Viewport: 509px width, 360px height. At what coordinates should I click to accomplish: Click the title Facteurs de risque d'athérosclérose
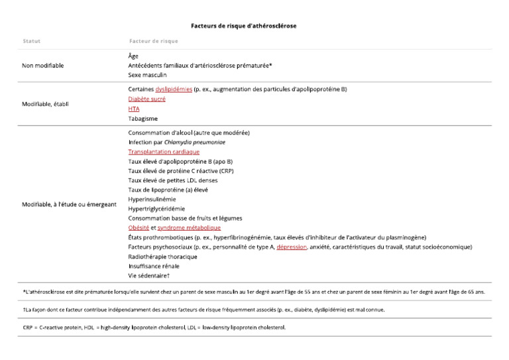243,26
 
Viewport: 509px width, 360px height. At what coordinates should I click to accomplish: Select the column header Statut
31,41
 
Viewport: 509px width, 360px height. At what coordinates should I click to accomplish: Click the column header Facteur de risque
153,41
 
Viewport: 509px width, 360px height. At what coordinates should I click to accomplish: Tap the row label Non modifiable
43,66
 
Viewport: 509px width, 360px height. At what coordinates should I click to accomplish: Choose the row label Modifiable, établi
45,104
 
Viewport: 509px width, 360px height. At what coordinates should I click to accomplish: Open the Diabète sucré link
146,99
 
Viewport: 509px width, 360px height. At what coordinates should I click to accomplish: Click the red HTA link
133,109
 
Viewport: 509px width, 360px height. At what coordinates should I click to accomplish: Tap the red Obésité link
139,227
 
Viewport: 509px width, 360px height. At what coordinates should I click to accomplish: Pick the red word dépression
292,247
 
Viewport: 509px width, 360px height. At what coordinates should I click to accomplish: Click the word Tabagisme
142,119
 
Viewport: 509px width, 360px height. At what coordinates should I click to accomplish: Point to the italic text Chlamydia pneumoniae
198,142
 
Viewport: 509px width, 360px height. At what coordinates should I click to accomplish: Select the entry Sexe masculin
147,75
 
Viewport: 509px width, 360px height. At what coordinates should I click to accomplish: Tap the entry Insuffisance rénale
154,266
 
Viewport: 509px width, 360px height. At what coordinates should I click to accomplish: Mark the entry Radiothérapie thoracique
162,256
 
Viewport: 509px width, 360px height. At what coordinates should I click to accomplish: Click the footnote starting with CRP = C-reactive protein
154,327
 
